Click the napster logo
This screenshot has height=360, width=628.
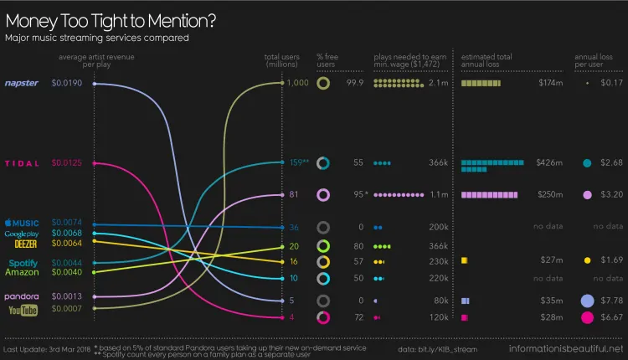(x=22, y=84)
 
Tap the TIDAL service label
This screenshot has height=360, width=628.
(x=22, y=162)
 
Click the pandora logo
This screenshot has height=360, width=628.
(x=22, y=296)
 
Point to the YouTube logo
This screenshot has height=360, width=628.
(x=23, y=310)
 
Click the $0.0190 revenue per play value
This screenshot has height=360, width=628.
(x=66, y=84)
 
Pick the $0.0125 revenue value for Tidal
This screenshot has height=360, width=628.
(x=66, y=162)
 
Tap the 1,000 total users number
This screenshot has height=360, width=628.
(x=297, y=84)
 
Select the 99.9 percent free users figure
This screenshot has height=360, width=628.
(x=354, y=84)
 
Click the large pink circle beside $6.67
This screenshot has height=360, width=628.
(x=587, y=317)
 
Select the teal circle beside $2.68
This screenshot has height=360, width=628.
(x=587, y=162)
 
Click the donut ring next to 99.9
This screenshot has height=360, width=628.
(x=322, y=84)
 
